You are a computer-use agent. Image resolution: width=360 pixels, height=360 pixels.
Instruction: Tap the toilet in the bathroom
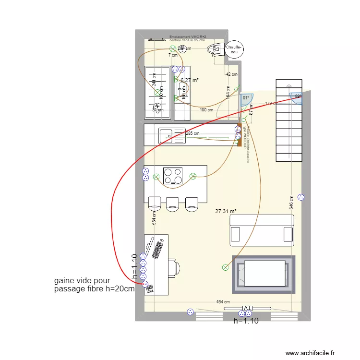click(215, 48)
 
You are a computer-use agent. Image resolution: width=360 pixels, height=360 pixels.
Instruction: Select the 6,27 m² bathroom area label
click(190, 81)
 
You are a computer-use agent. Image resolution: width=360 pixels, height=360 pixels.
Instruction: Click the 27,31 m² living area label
click(226, 211)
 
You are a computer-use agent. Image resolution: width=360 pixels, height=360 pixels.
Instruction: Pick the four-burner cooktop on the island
click(173, 175)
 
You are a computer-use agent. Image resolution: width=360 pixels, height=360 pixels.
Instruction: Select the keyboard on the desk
click(157, 249)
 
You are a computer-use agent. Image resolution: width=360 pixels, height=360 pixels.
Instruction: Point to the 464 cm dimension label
click(223, 302)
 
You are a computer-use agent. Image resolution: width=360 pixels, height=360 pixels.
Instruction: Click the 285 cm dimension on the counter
click(192, 133)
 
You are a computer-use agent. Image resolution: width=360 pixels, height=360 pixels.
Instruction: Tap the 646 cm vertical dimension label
click(291, 204)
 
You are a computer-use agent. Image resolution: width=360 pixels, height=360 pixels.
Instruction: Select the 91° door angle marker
click(246, 97)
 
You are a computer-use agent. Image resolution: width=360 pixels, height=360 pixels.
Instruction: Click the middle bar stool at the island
click(172, 204)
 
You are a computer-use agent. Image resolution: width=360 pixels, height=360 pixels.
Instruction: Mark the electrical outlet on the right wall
click(301, 197)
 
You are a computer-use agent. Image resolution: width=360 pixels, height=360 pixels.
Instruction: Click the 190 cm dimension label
click(206, 110)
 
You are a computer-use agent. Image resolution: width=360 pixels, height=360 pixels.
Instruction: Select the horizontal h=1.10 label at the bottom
click(246, 321)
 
